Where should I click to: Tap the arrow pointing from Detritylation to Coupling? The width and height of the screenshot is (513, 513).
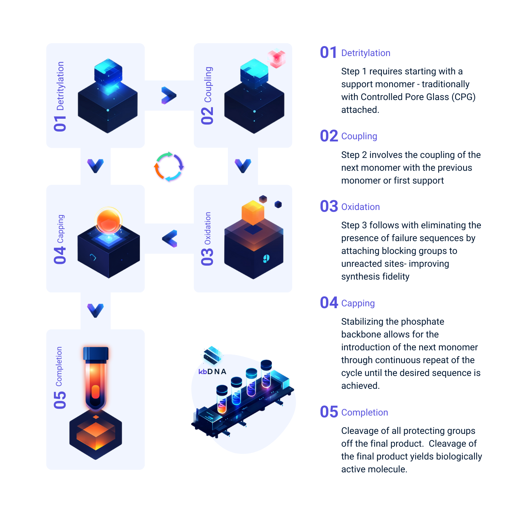(x=169, y=95)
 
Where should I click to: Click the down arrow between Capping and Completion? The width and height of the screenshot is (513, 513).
(x=95, y=310)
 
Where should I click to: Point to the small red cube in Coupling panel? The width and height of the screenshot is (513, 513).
(x=276, y=58)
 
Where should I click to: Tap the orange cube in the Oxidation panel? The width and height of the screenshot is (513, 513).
(x=253, y=213)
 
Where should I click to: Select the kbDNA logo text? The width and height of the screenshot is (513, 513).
(x=212, y=371)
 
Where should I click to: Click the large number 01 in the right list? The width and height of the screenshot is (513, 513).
(x=328, y=52)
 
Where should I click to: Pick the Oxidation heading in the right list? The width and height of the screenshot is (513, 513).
(x=360, y=207)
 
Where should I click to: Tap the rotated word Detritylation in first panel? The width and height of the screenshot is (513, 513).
(x=60, y=86)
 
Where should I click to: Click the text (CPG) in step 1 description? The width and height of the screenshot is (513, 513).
(x=464, y=97)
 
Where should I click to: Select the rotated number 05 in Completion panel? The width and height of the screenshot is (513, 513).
(x=60, y=400)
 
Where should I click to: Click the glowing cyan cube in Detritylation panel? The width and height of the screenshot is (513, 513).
(x=108, y=73)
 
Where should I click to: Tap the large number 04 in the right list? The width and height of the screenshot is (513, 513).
(x=329, y=303)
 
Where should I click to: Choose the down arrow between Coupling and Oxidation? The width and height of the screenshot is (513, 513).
(x=243, y=166)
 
